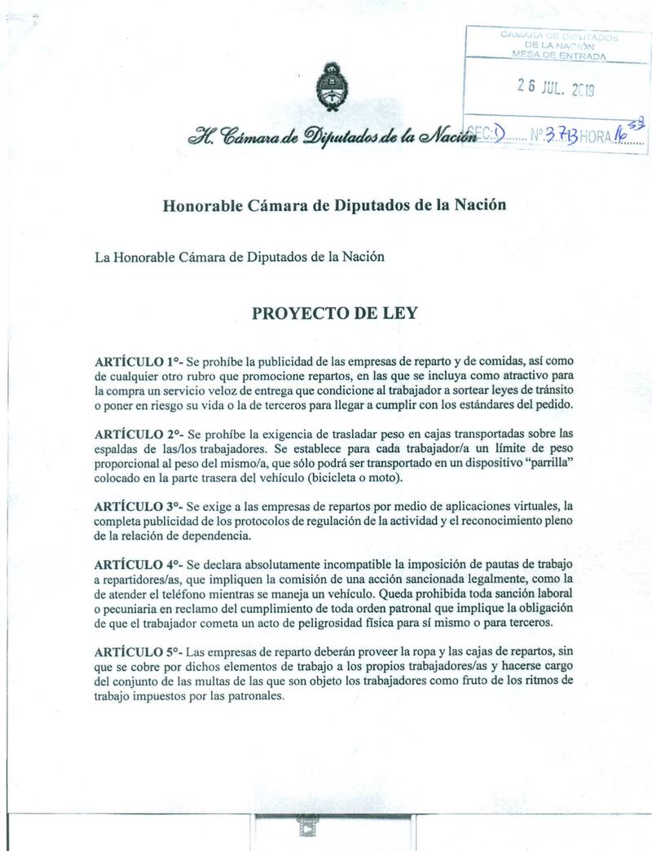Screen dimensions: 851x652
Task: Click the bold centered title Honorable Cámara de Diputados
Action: coord(334,205)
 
